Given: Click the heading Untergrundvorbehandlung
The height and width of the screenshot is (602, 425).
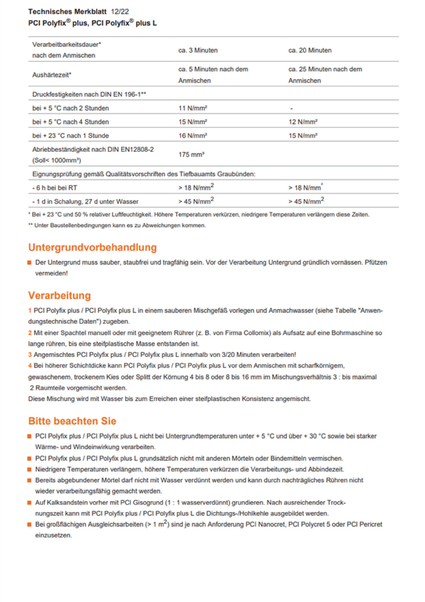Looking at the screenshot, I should tap(92, 247).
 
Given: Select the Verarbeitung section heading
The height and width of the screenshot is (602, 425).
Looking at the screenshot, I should tap(60, 296).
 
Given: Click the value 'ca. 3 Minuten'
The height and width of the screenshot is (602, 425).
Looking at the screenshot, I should tap(198, 50).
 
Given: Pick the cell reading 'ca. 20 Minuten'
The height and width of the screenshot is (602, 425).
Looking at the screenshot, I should tap(310, 50).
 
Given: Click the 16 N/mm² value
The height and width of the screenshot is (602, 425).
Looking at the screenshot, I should tap(193, 136).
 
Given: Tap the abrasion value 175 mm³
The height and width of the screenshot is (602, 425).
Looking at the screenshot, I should tap(191, 155).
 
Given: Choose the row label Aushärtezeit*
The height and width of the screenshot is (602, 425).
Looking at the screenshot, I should tap(52, 75).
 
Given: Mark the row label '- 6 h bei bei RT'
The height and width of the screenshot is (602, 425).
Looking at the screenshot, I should tap(55, 188).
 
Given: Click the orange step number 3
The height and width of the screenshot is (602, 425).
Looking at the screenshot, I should tap(30, 355).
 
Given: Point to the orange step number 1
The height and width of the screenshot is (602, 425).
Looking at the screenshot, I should tap(30, 311).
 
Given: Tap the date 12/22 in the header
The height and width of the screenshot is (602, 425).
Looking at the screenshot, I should tap(120, 11).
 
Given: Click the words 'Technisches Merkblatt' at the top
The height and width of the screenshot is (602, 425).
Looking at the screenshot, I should tap(67, 11).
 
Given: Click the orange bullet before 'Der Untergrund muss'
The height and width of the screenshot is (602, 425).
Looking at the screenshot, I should tap(30, 263).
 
